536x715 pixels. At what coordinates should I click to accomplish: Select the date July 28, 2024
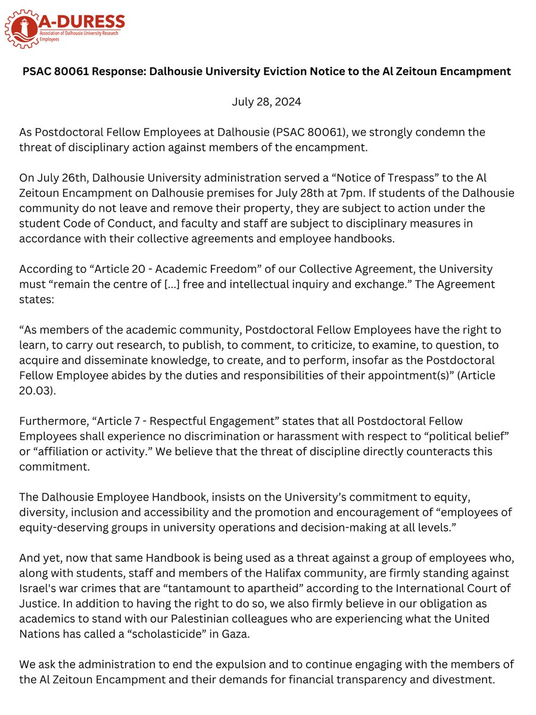click(266, 102)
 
